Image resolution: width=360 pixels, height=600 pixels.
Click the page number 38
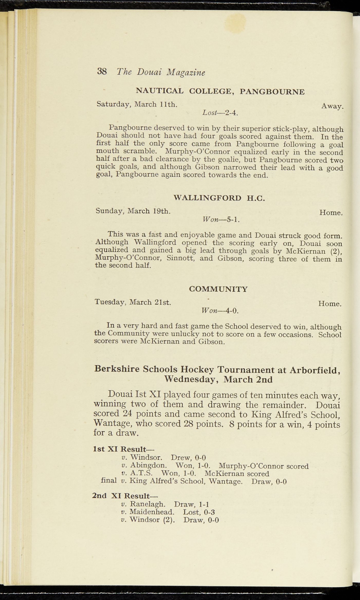coord(102,71)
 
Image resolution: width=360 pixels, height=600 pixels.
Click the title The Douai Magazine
coord(161,72)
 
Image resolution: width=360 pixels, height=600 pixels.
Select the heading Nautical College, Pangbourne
coord(220,91)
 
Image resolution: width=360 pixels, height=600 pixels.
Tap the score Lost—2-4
coord(220,112)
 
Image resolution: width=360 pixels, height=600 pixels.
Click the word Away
coord(332,106)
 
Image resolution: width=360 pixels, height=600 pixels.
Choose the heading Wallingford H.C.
coord(219,198)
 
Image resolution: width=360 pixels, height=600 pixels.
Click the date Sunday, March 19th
coord(133,211)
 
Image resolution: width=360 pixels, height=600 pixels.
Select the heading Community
coord(219,289)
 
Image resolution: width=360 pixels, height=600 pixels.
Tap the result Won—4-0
coord(220,310)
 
